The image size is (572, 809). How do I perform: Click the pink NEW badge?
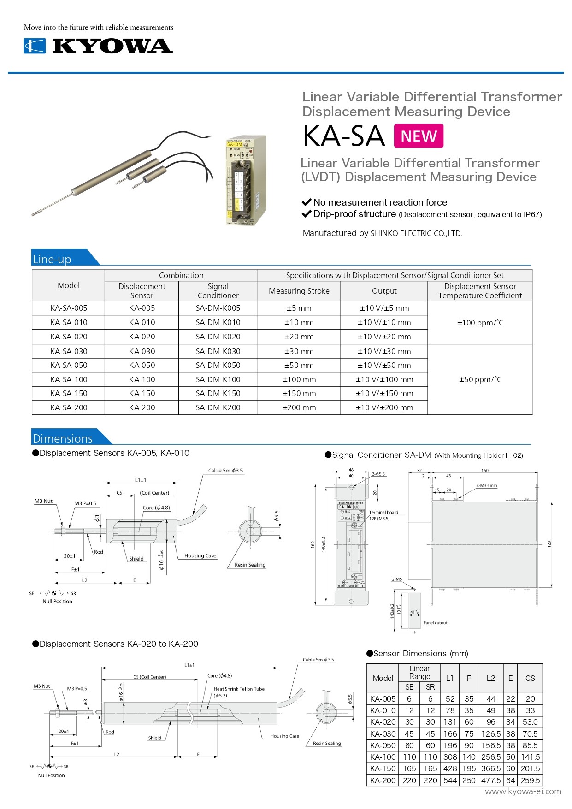pyautogui.click(x=419, y=136)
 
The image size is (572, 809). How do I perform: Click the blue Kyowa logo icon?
pyautogui.click(x=35, y=46)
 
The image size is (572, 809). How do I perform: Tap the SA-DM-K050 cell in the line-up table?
pyautogui.click(x=218, y=365)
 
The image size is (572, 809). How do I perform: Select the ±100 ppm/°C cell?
pyautogui.click(x=480, y=323)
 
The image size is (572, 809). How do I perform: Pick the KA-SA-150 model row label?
pyautogui.click(x=69, y=393)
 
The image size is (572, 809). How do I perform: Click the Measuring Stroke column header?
pyautogui.click(x=299, y=291)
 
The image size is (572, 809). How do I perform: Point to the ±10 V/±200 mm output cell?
pyautogui.click(x=384, y=407)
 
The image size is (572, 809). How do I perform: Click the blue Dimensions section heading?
pyautogui.click(x=63, y=438)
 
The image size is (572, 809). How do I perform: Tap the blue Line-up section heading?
pyautogui.click(x=52, y=259)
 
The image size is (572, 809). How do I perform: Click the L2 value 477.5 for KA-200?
pyautogui.click(x=491, y=780)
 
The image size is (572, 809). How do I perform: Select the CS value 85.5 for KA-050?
pyautogui.click(x=530, y=745)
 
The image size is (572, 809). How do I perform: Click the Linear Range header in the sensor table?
pyautogui.click(x=419, y=673)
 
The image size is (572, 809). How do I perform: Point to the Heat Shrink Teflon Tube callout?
pyautogui.click(x=239, y=689)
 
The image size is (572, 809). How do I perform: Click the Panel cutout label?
pyautogui.click(x=435, y=623)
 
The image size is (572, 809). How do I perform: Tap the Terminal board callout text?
pyautogui.click(x=383, y=512)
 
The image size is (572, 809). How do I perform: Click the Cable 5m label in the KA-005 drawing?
pyautogui.click(x=225, y=471)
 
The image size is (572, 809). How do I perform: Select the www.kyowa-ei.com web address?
pyautogui.click(x=523, y=791)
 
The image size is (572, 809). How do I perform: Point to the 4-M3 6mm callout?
pyautogui.click(x=486, y=485)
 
